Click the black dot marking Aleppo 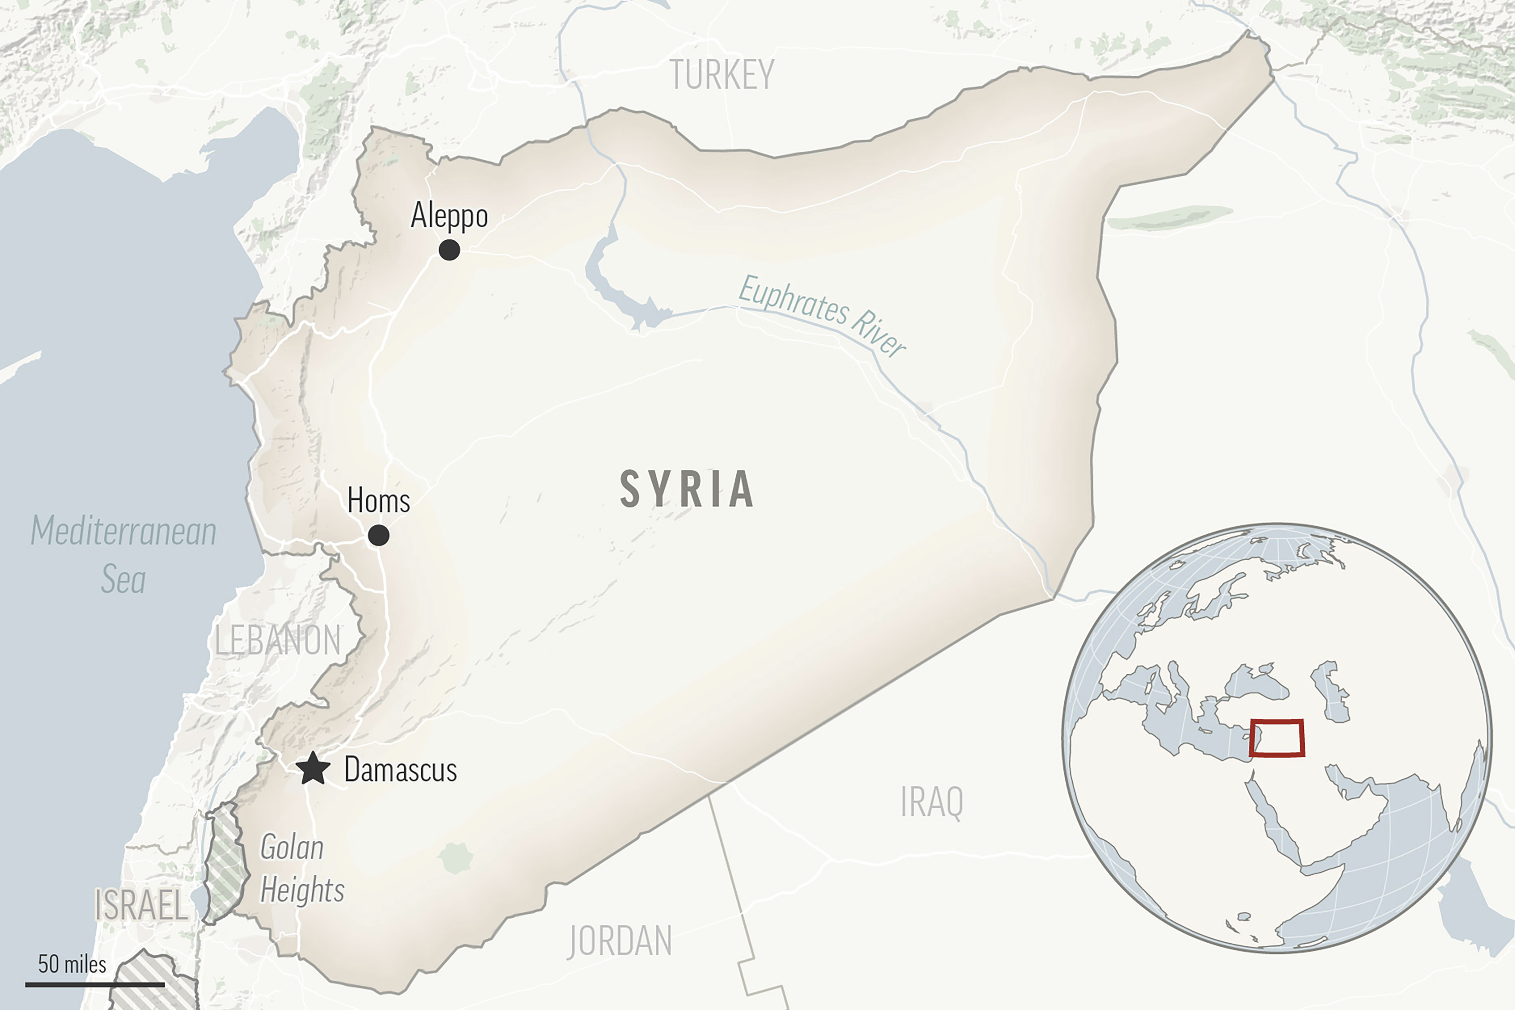pos(449,250)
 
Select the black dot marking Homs pos(379,535)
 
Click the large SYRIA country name pos(687,490)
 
